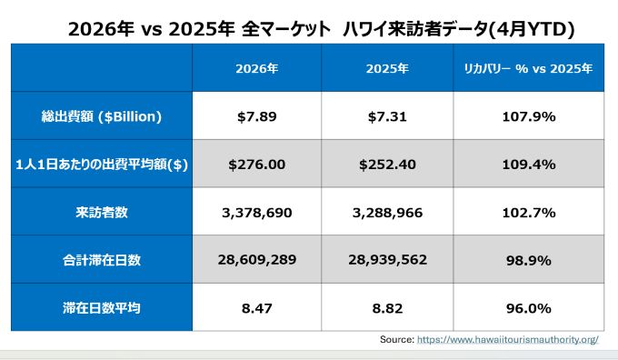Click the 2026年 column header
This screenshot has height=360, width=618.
257,68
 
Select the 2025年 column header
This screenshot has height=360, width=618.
387,68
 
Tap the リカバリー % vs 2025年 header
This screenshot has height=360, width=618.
528,68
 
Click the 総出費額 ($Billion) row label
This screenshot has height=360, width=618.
102,116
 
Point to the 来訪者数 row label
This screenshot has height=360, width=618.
102,213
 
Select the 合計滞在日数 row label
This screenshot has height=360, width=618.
102,260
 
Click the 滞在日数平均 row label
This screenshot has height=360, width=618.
102,308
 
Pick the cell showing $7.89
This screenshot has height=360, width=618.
257,116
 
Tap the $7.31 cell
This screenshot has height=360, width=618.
387,116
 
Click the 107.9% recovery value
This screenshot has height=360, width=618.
529,116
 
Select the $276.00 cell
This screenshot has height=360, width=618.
257,165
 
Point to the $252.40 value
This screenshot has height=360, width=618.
387,165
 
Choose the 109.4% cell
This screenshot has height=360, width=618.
529,165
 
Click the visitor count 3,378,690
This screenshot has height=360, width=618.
257,213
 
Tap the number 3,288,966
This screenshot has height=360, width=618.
387,213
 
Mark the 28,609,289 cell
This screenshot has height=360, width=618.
257,260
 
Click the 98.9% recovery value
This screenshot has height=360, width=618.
529,260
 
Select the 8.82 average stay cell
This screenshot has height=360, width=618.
387,308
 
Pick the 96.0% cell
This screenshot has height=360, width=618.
529,308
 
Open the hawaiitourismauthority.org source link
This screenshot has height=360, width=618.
508,339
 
